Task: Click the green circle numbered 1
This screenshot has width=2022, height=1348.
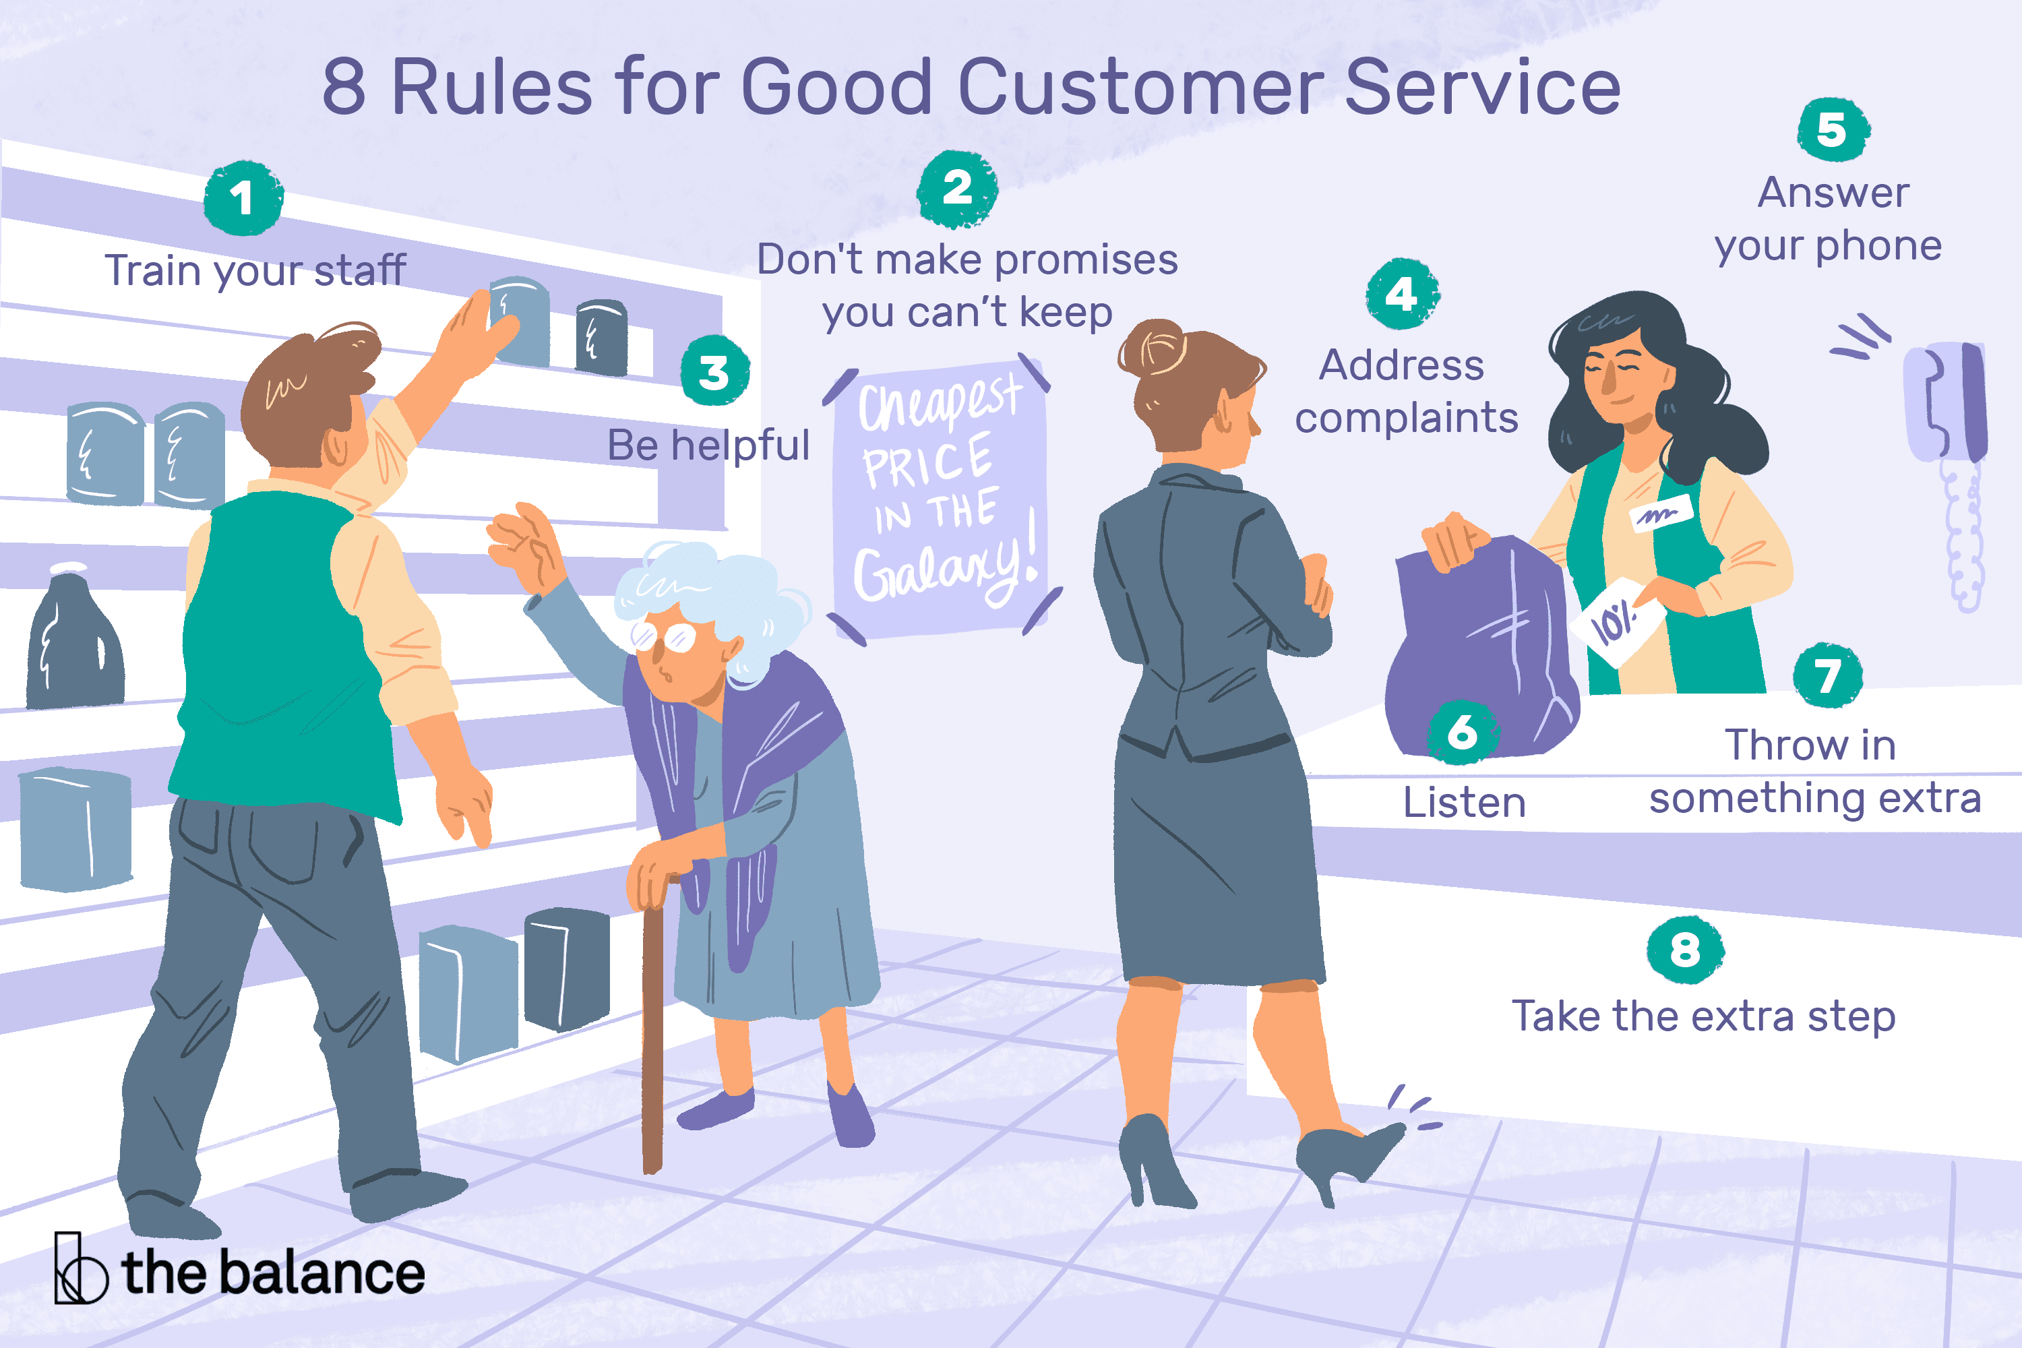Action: (243, 197)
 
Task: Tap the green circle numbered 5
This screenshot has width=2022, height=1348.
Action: (1832, 130)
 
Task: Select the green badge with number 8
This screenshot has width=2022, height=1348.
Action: (1685, 950)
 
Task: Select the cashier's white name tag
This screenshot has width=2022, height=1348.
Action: (1660, 514)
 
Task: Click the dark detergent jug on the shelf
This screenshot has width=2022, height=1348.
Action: (75, 645)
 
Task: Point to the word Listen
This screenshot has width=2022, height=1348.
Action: (1464, 802)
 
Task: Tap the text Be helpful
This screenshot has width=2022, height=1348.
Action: (708, 446)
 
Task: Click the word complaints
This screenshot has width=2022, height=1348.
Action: (1407, 419)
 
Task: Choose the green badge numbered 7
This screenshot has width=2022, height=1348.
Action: (1828, 676)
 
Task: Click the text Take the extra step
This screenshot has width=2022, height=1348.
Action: (1703, 1016)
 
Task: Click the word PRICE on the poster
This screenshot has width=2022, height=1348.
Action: (927, 462)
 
